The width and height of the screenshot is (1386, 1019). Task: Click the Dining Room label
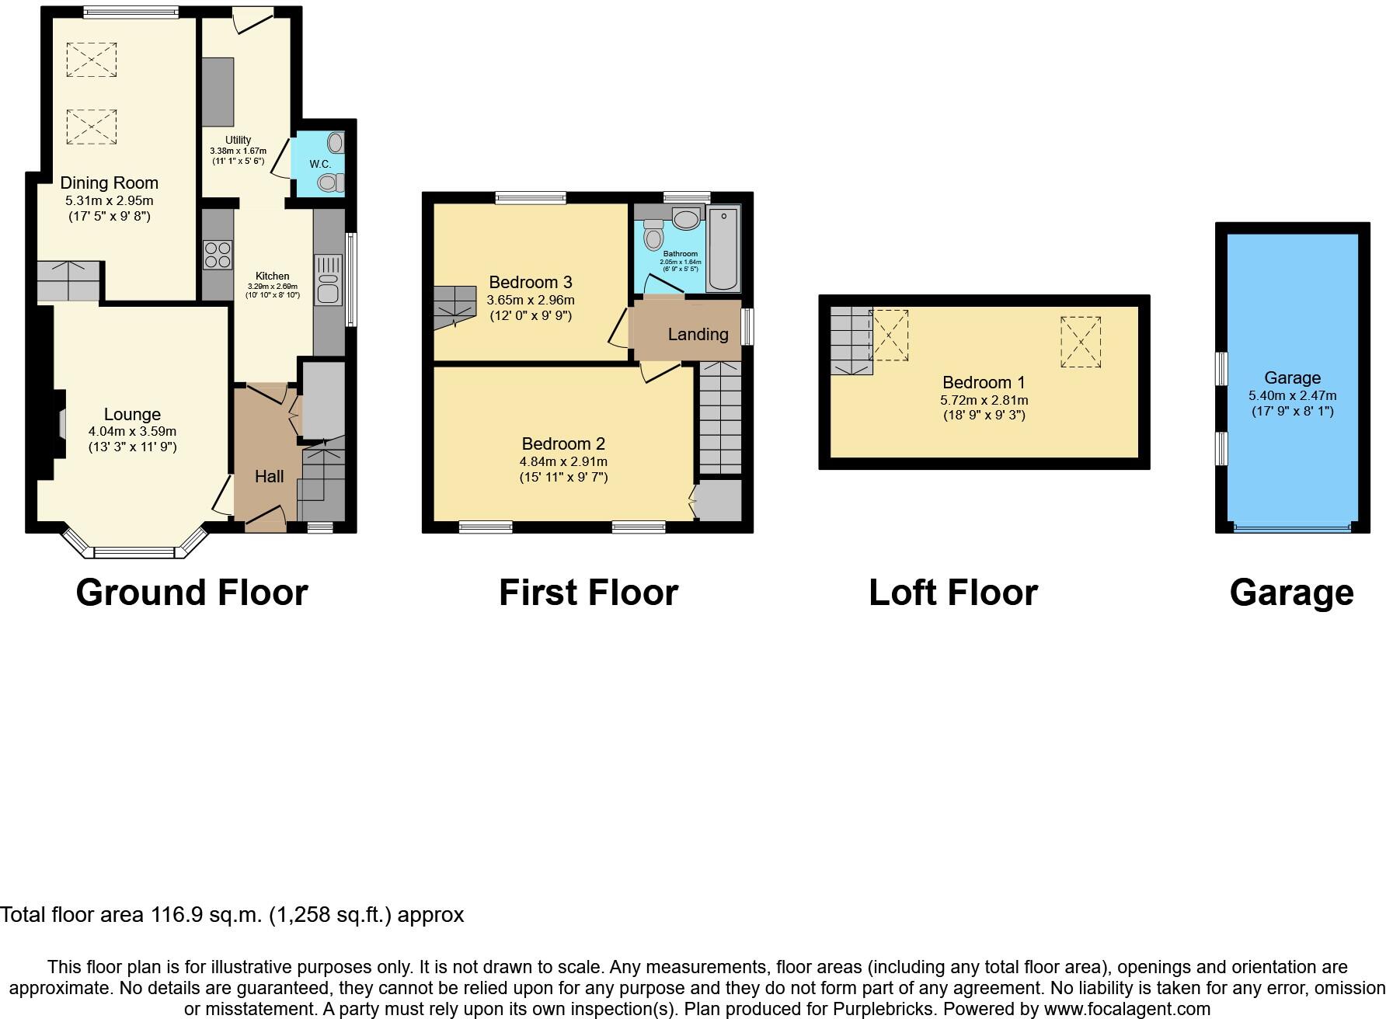[109, 183]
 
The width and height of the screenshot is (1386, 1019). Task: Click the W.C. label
[320, 165]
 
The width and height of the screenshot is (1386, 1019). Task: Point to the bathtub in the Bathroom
[723, 249]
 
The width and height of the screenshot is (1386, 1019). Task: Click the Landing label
[698, 334]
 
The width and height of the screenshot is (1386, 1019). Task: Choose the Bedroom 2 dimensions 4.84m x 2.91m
[563, 461]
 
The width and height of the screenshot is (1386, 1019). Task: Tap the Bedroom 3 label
[530, 282]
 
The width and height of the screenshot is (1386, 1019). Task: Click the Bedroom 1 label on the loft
[984, 382]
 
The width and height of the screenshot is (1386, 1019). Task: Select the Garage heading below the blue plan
[1291, 593]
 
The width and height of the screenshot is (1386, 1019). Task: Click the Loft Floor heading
[952, 593]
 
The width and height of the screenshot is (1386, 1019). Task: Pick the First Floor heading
[588, 593]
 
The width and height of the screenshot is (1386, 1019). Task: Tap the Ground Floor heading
[192, 593]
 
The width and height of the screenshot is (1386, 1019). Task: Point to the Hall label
[269, 476]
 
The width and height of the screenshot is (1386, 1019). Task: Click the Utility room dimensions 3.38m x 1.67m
[238, 151]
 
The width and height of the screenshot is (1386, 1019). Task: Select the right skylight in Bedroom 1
[1081, 342]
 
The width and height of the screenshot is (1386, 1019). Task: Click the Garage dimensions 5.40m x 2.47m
[1292, 395]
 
